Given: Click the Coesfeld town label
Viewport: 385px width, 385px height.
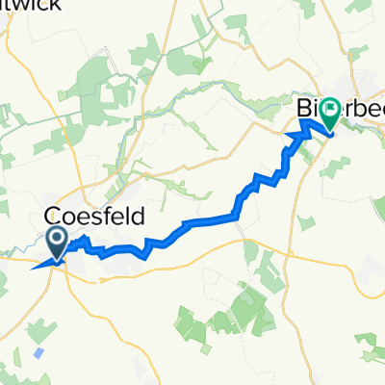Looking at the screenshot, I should pos(94,218).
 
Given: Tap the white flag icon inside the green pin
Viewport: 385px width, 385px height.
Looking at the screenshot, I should pos(330,110).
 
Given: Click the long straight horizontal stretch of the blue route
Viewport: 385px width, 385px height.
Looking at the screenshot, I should pos(207,220).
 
